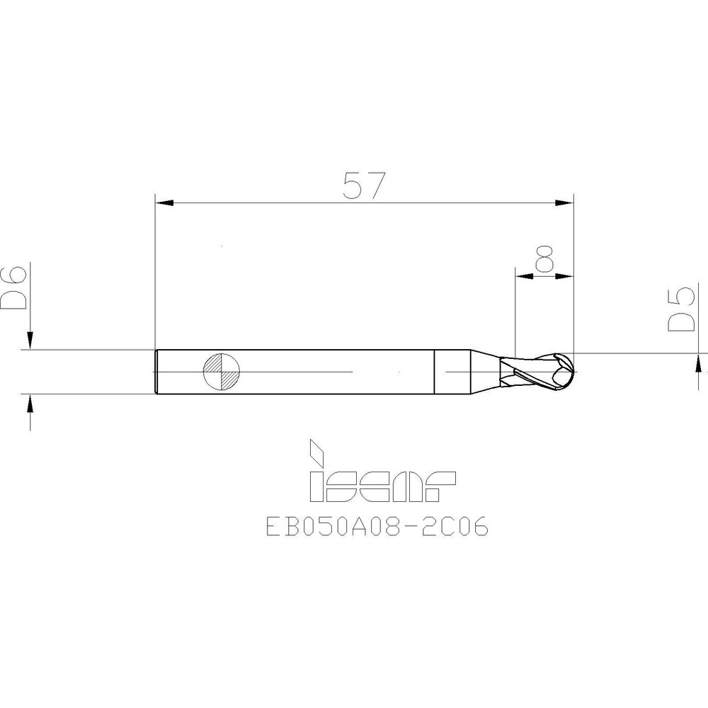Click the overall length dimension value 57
[363, 185]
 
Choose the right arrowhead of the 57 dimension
[564, 204]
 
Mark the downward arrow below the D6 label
[30, 338]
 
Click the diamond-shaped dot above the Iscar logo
[316, 448]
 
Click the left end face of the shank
[156, 371]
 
